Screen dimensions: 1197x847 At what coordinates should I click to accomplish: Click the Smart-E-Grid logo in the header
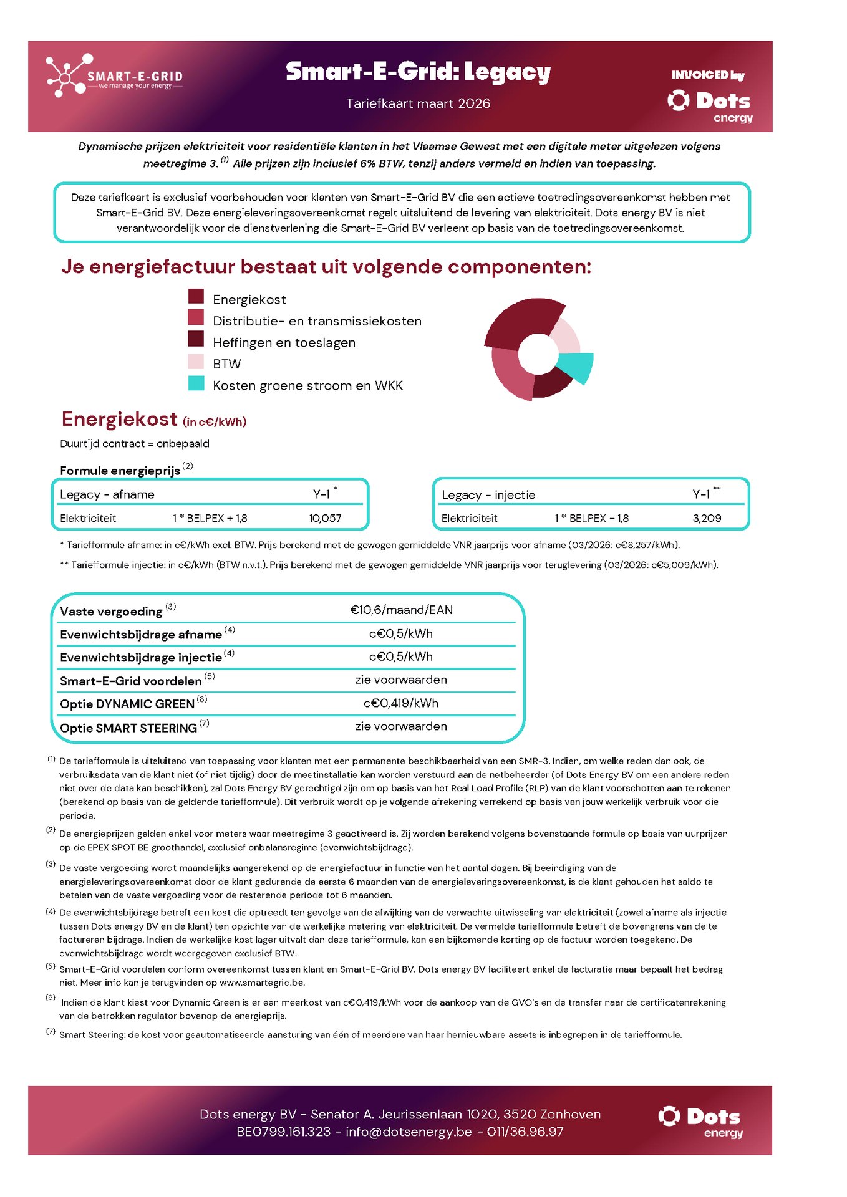(x=114, y=76)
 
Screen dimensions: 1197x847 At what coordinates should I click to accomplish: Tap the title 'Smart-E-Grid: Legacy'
(x=418, y=72)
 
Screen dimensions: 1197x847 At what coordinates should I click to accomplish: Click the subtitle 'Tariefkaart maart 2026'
(x=418, y=103)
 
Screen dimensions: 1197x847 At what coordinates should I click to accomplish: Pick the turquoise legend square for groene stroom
(x=196, y=383)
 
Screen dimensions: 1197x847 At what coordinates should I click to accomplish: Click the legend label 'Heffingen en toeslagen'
(x=284, y=343)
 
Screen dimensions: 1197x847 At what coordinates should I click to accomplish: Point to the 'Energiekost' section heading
(x=119, y=420)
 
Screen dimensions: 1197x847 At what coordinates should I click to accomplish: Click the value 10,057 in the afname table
(x=325, y=518)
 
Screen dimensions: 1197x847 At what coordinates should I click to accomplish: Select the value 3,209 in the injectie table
(x=707, y=518)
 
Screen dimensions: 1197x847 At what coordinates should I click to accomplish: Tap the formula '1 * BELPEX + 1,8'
(x=210, y=518)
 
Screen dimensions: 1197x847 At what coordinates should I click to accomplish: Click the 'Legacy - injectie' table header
(x=488, y=495)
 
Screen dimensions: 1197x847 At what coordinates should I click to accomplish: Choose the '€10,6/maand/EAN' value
(x=401, y=610)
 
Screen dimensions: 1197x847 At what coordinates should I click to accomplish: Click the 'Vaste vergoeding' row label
(x=111, y=612)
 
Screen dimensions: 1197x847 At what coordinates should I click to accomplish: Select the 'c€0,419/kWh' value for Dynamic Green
(x=401, y=703)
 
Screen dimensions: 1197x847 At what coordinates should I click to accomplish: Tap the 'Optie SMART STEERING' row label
(x=128, y=728)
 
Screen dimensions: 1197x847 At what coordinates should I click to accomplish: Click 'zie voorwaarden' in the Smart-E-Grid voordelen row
(x=401, y=680)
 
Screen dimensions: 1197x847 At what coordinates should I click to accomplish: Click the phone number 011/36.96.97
(x=525, y=1132)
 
